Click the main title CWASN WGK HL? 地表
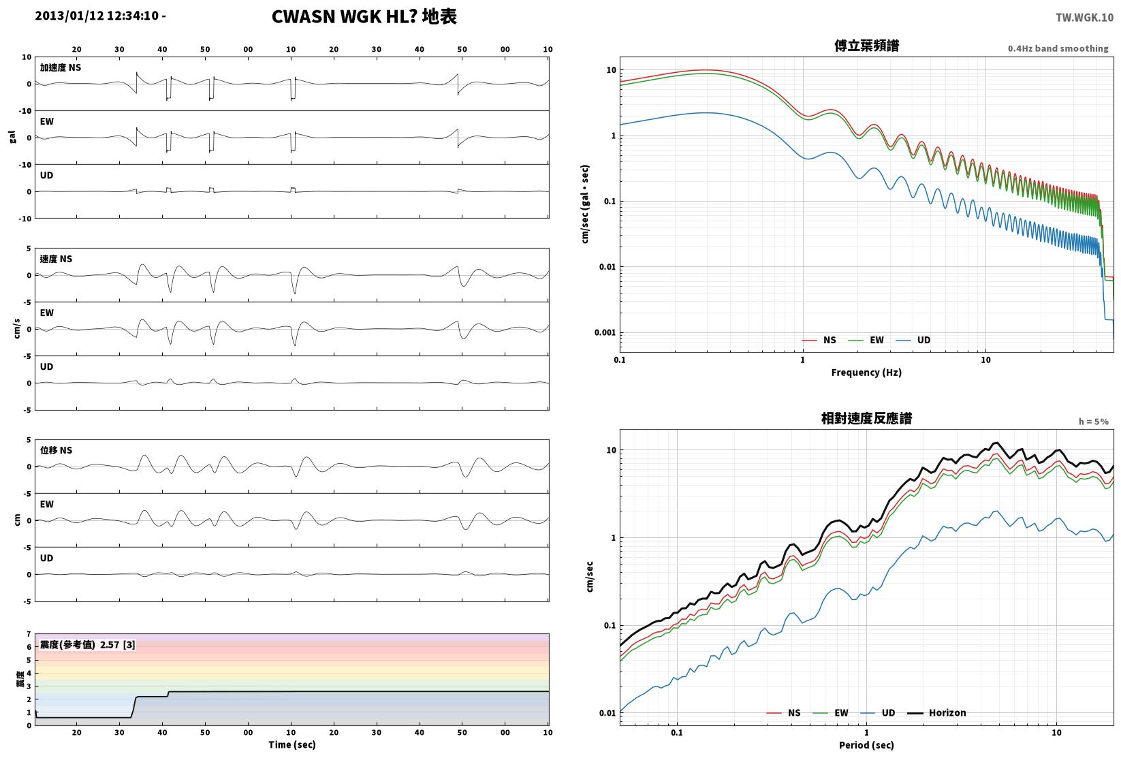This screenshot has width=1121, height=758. tap(364, 16)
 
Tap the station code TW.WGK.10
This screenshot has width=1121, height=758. tap(1084, 18)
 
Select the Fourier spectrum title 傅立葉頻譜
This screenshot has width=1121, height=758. tap(866, 46)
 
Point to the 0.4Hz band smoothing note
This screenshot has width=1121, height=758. tap(1058, 48)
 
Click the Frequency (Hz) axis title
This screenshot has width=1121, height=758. tap(866, 373)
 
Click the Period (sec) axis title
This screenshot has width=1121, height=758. tap(866, 745)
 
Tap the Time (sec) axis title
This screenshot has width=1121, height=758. tap(292, 744)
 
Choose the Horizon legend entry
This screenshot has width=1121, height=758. tap(937, 712)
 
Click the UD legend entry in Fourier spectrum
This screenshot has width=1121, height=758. tap(913, 341)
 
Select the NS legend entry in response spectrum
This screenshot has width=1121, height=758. tap(784, 712)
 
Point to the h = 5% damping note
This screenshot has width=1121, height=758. tap(1094, 422)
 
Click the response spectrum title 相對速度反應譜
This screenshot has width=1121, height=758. tap(866, 418)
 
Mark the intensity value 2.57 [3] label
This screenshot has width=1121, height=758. tap(118, 644)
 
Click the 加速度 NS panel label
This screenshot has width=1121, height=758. tap(61, 67)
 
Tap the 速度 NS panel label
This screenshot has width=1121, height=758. tap(56, 259)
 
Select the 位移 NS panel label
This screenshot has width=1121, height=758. tap(56, 450)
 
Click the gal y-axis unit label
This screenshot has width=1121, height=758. tap(12, 137)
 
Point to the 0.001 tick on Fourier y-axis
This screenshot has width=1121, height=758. tap(605, 333)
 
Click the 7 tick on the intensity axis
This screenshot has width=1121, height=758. tap(29, 634)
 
